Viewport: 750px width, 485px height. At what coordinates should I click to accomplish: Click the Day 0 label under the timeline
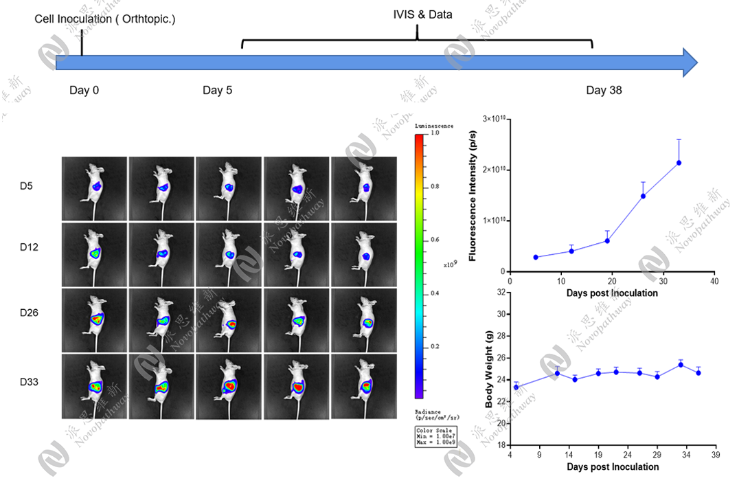(x=84, y=90)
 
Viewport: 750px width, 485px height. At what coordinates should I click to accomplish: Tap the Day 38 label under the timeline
(x=604, y=90)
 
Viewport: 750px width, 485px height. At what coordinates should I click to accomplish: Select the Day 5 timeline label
(x=217, y=90)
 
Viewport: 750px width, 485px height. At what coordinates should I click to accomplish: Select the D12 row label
(x=30, y=246)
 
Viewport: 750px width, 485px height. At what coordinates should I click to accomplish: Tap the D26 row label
(x=30, y=313)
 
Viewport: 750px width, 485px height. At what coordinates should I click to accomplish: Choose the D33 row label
(x=30, y=381)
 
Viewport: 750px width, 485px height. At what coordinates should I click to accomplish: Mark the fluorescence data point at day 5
(x=535, y=257)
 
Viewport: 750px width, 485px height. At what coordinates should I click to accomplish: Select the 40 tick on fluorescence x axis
(x=714, y=281)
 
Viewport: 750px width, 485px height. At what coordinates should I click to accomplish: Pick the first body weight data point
(x=516, y=387)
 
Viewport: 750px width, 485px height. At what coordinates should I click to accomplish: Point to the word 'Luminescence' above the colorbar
(x=433, y=126)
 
